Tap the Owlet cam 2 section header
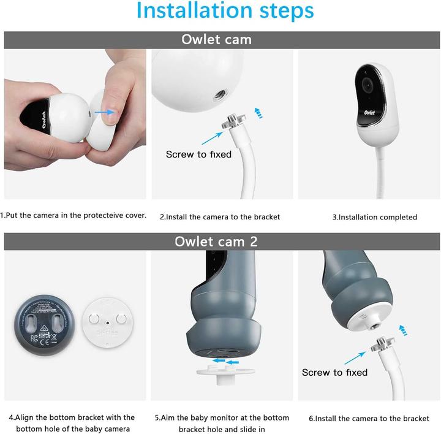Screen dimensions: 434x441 point(216,242)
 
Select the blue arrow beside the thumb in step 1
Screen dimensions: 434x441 point(105,112)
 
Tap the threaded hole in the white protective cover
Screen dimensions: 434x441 point(218,96)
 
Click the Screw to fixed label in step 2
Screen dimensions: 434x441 point(198,154)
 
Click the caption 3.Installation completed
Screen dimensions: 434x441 point(374,217)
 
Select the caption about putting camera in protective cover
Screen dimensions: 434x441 point(73,216)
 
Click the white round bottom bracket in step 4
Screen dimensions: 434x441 point(107,322)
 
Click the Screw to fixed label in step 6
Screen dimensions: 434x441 point(334,372)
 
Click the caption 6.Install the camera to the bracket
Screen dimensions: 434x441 point(369,419)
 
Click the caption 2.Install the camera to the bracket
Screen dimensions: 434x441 point(220,217)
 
